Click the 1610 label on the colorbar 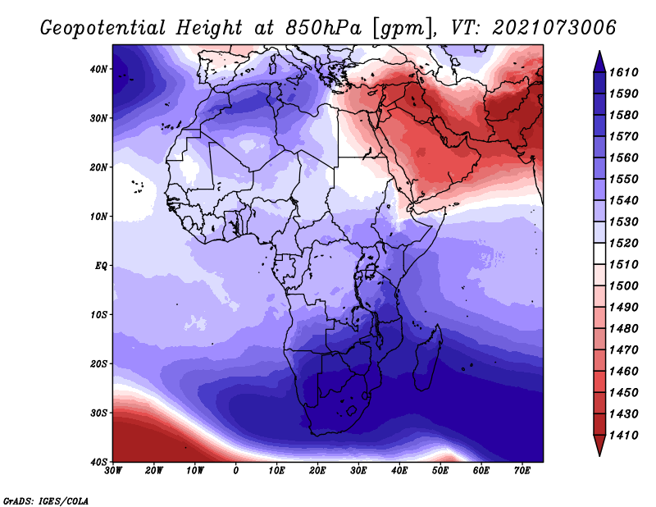click(623, 72)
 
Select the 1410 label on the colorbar click(623, 435)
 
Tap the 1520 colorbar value click(623, 243)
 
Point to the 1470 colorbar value click(623, 349)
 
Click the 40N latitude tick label click(98, 69)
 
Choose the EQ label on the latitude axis click(101, 266)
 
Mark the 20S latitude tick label click(98, 363)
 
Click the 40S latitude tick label click(98, 462)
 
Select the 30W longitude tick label click(113, 471)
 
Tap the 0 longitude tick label click(236, 471)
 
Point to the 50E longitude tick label click(440, 471)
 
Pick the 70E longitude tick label click(522, 471)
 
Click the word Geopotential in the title click(103, 28)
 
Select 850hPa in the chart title click(323, 28)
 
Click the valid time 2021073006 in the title click(554, 27)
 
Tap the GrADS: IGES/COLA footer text click(46, 500)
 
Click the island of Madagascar click(427, 357)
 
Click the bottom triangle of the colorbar click(599, 445)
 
